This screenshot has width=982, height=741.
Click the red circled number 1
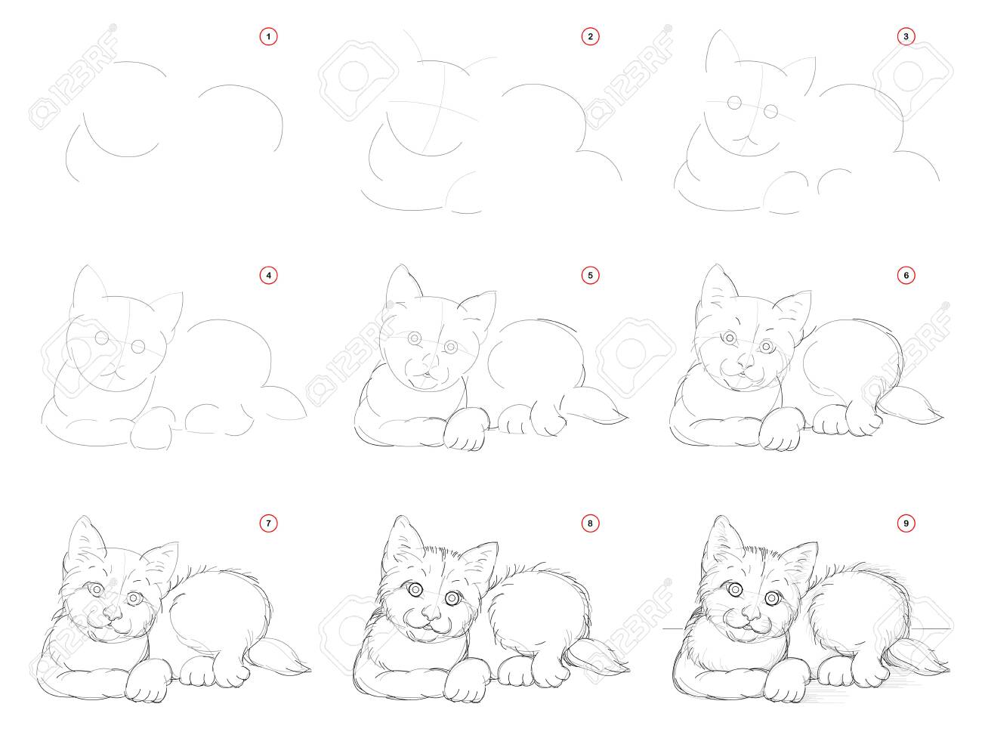pyautogui.click(x=268, y=37)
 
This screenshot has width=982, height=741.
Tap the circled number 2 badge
pyautogui.click(x=590, y=37)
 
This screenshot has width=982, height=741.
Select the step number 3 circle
pyautogui.click(x=906, y=37)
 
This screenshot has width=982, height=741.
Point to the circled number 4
pyautogui.click(x=268, y=276)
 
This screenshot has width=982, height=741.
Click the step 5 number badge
pyautogui.click(x=590, y=276)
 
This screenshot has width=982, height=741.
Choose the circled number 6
pyautogui.click(x=906, y=276)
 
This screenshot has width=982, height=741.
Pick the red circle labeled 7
pyautogui.click(x=268, y=523)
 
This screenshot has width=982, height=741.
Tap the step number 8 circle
pyautogui.click(x=590, y=523)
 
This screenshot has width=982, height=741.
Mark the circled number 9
pyautogui.click(x=906, y=523)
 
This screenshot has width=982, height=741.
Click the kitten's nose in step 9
pyautogui.click(x=750, y=612)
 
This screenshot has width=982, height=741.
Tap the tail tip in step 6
pyautogui.click(x=943, y=418)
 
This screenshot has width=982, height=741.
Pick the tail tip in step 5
pyautogui.click(x=627, y=418)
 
